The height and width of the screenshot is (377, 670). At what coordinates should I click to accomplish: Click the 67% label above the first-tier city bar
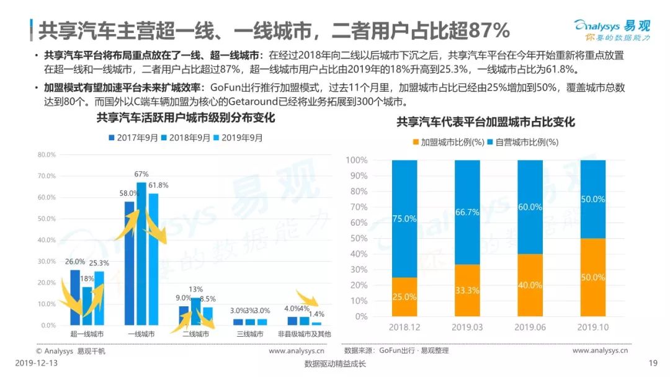pyautogui.click(x=141, y=174)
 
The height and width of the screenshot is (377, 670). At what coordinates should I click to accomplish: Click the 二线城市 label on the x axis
pyautogui.click(x=195, y=334)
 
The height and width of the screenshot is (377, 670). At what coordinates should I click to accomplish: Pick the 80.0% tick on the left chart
pyautogui.click(x=47, y=154)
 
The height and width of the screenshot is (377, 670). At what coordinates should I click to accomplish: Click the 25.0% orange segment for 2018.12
pyautogui.click(x=404, y=296)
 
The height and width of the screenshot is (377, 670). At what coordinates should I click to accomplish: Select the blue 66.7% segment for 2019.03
pyautogui.click(x=467, y=212)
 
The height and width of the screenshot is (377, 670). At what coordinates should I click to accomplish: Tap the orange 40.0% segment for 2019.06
pyautogui.click(x=530, y=285)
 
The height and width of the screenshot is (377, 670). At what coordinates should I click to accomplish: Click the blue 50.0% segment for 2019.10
pyautogui.click(x=593, y=199)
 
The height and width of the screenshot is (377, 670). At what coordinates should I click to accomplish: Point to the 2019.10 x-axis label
pyautogui.click(x=593, y=327)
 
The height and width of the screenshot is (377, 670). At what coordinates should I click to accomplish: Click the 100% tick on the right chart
pyautogui.click(x=356, y=161)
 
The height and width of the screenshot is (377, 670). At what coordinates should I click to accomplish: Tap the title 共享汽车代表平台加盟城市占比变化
pyautogui.click(x=486, y=122)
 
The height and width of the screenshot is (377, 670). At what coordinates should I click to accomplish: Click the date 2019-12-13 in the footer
pyautogui.click(x=35, y=364)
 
